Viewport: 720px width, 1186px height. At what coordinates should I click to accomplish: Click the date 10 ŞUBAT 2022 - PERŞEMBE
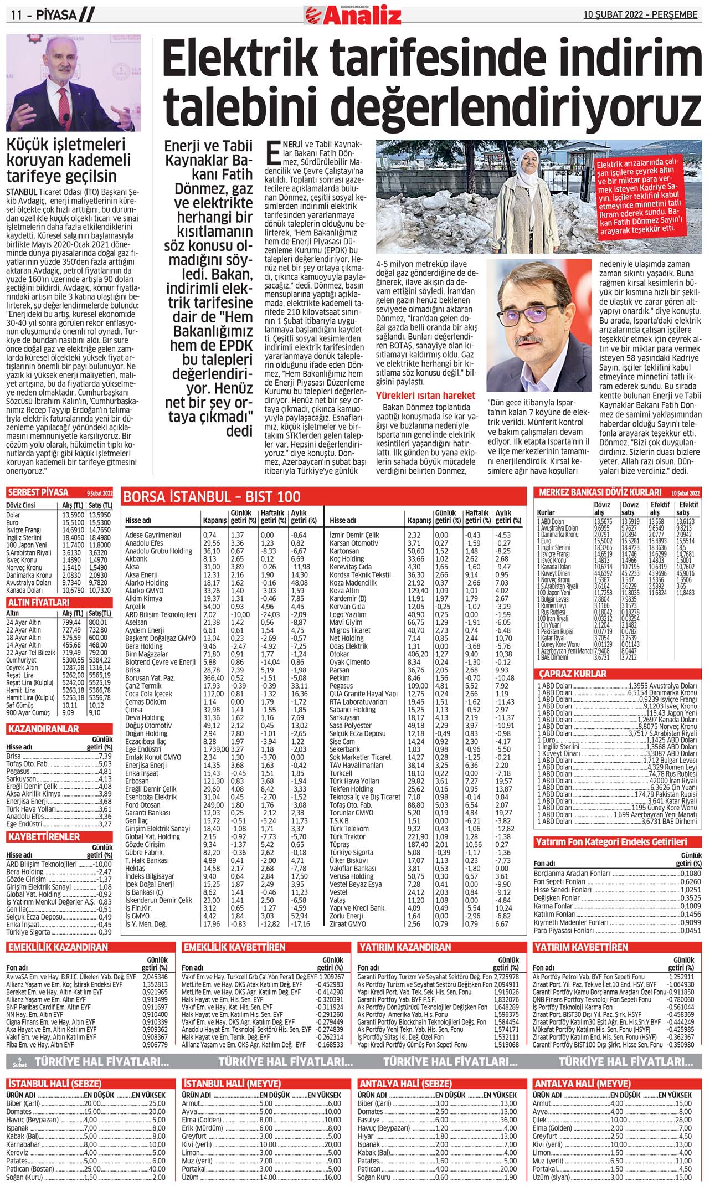640,14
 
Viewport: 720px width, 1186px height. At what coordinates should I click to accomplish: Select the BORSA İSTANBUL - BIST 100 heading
212,496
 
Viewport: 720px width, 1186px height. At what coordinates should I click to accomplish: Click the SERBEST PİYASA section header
38,492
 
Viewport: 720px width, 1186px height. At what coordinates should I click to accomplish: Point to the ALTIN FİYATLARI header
38,602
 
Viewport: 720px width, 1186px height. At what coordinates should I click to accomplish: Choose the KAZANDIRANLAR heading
44,729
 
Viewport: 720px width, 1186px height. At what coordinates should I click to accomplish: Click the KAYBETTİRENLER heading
44,836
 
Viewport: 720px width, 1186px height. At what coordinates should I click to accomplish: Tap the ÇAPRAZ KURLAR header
573,674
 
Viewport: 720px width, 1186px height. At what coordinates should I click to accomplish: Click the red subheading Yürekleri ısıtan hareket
425,396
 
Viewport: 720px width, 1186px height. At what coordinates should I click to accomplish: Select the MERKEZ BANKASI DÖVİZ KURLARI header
600,492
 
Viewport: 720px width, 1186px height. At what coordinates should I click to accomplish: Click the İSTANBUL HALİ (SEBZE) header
54,1084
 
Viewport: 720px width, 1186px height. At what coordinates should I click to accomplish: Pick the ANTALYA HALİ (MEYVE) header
582,1084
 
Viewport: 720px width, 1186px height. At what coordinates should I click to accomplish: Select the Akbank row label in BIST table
136,559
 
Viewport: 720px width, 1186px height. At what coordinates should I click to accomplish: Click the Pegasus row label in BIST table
341,686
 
